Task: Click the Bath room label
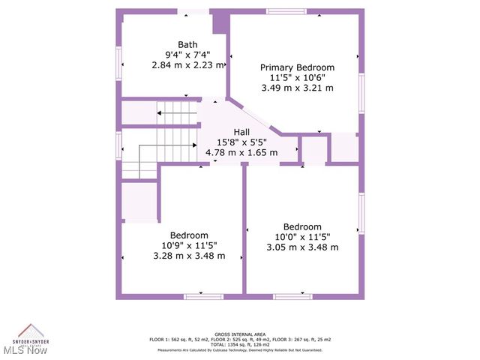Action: pos(187,44)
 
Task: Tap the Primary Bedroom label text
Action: pos(297,67)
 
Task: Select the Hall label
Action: pos(241,132)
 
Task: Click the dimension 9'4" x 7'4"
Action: pos(187,55)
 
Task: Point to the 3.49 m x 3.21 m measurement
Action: pos(297,88)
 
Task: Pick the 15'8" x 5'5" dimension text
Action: pos(241,142)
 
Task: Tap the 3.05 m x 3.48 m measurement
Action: pos(302,247)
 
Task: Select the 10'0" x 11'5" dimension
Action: pos(302,237)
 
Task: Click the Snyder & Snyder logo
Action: pos(31,334)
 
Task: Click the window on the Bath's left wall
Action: pos(118,62)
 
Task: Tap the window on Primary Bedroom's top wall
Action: pos(286,11)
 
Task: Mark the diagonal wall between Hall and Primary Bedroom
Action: pos(254,115)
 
